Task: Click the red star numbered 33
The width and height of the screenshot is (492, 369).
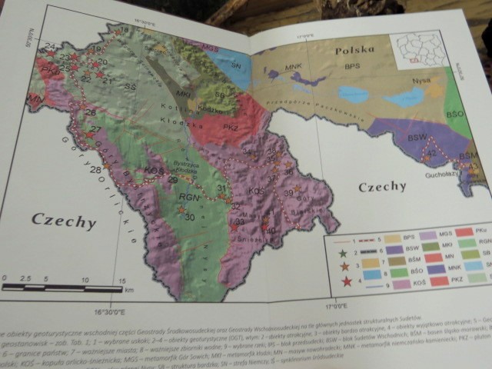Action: [234, 228]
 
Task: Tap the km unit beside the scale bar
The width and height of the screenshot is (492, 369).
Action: [129, 290]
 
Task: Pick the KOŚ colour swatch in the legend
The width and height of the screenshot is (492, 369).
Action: [401, 284]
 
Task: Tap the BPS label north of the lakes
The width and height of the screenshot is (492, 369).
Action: [354, 68]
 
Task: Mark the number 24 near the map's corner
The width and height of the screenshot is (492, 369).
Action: [50, 47]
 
